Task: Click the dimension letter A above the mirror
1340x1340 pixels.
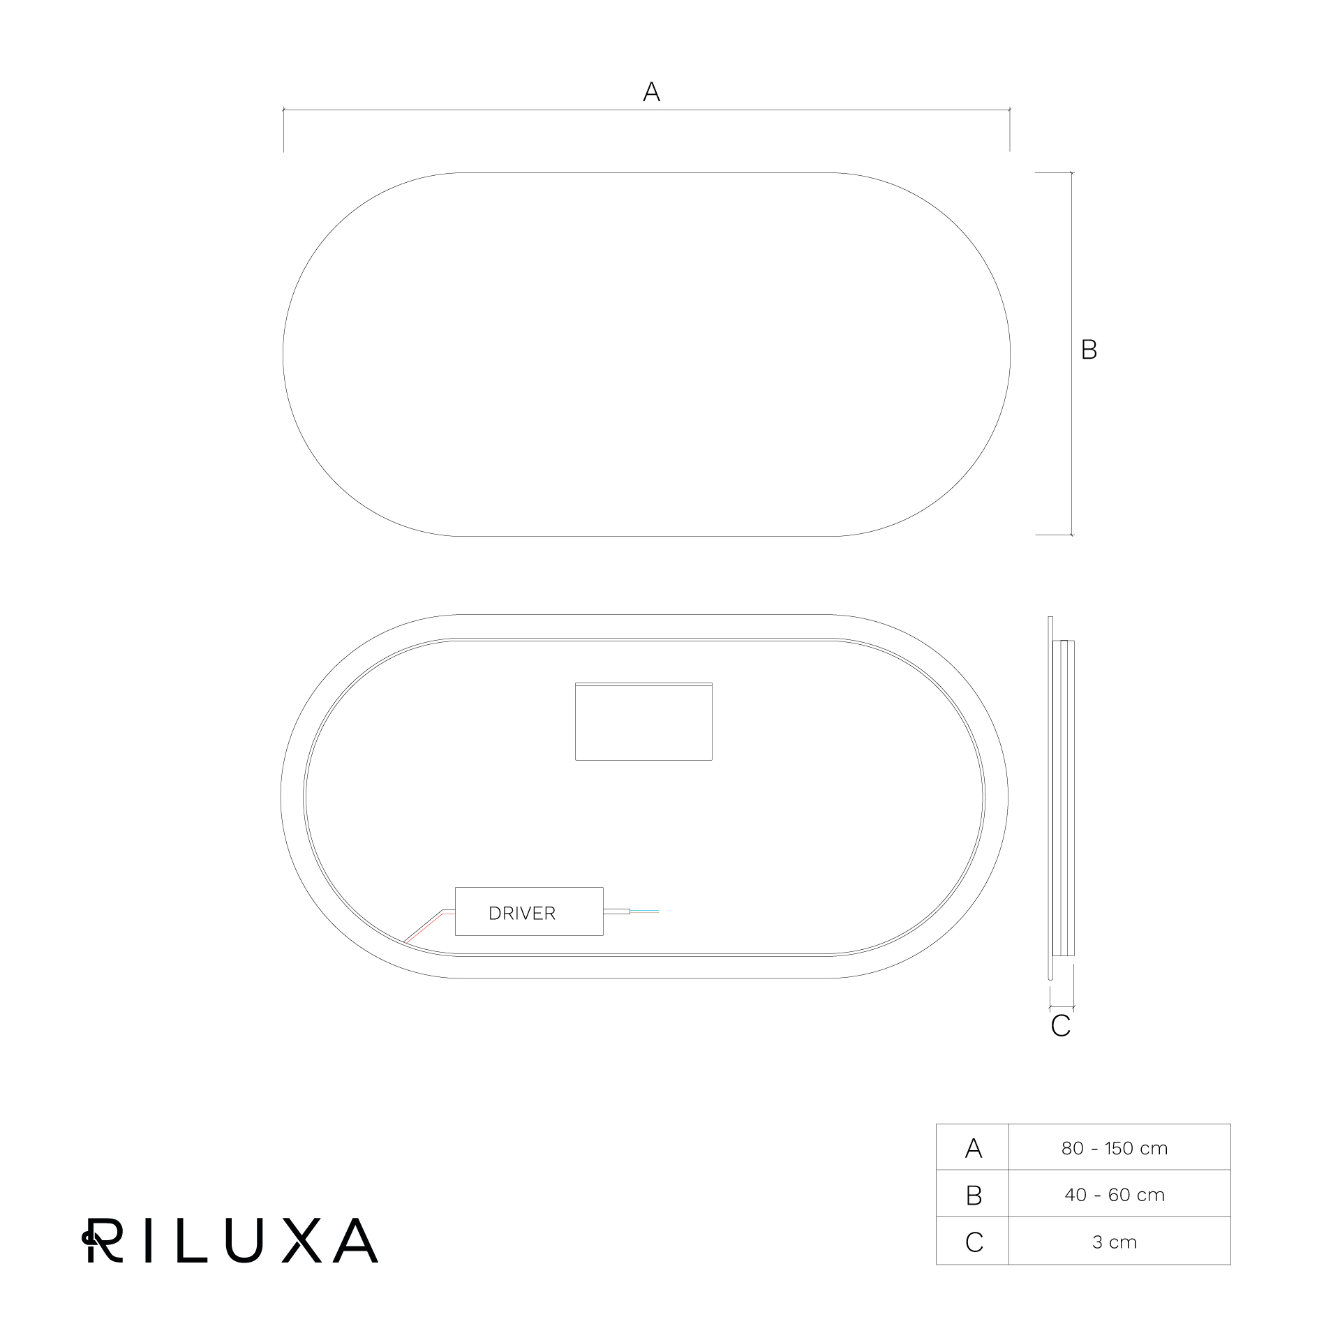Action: pyautogui.click(x=651, y=91)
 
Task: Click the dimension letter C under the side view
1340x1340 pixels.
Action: pyautogui.click(x=1060, y=1026)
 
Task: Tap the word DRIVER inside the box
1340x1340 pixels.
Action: pyautogui.click(x=522, y=913)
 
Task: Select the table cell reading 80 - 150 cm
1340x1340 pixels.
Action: pyautogui.click(x=1115, y=1148)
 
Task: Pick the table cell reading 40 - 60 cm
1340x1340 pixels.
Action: pyautogui.click(x=1115, y=1195)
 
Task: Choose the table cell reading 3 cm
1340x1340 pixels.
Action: pyautogui.click(x=1115, y=1242)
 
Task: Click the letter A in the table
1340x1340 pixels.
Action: pyautogui.click(x=973, y=1149)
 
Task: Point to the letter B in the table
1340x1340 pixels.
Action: pyautogui.click(x=974, y=1196)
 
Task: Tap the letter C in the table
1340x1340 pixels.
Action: pyautogui.click(x=974, y=1242)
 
